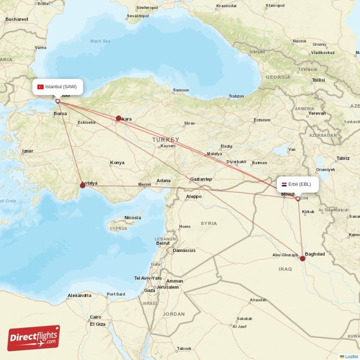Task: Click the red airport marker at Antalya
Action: pos(82,185)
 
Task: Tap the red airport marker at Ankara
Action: pos(118,118)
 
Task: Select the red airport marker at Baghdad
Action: pos(302,258)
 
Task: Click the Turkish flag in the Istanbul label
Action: pos(40,86)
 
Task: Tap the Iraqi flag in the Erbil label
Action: pos(284,184)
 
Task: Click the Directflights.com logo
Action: pos(33,338)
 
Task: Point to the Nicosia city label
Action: pos(132,218)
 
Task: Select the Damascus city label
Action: pos(184,250)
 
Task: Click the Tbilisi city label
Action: pos(318,80)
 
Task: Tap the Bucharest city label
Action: pos(17,19)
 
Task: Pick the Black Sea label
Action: pos(100,41)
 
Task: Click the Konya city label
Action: pos(117,162)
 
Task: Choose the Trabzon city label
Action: pos(236,96)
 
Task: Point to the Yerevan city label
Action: pos(317,113)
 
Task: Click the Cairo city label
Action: pos(95,317)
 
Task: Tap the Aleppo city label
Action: pos(193,197)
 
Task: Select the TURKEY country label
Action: pos(166,139)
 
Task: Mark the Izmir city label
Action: pos(27,151)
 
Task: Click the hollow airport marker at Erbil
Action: pos(297,198)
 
